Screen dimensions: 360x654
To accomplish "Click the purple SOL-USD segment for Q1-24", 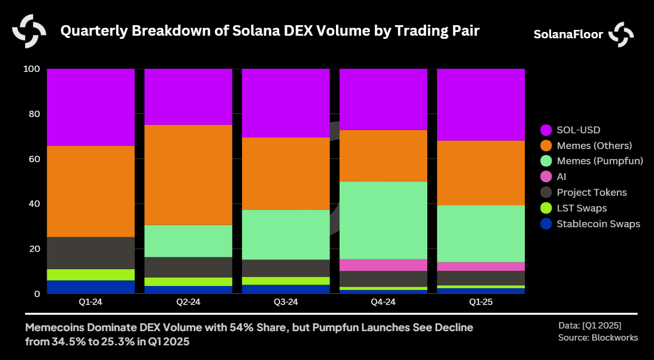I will point(91,107).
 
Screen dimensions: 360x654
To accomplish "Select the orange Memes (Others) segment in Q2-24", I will point(188,175).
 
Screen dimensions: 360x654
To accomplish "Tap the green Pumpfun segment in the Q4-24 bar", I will point(383,220).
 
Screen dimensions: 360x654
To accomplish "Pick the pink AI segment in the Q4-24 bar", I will point(383,265).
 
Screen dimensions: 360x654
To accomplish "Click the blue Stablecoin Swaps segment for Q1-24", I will point(91,287).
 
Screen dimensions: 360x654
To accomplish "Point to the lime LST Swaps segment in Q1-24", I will point(91,274).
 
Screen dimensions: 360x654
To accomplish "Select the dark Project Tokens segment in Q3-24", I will point(286,268).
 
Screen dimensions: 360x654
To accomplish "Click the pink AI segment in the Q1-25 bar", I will point(481,266).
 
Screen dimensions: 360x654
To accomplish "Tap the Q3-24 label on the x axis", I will point(286,302).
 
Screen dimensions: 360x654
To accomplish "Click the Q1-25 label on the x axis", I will point(481,302).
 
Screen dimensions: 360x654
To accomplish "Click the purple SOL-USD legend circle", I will point(546,130).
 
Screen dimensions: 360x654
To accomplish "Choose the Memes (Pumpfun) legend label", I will point(600,161).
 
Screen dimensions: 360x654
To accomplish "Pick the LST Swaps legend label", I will point(582,208).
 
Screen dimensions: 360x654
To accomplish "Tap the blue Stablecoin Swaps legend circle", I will point(546,224).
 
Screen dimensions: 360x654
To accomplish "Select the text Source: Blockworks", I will point(598,337).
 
